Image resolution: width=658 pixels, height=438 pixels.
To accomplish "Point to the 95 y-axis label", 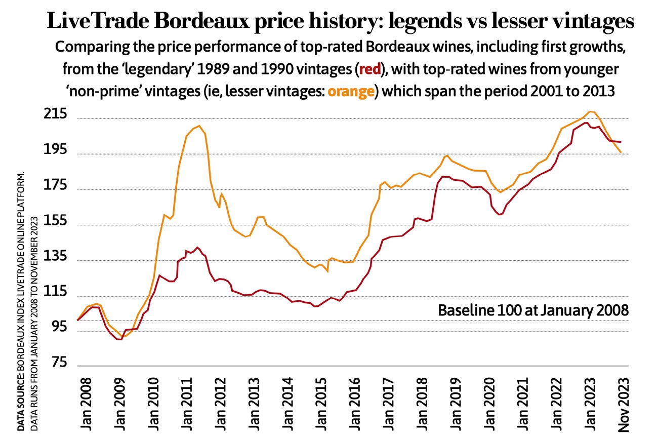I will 56,327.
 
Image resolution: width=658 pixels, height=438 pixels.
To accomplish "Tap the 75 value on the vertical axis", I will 56,362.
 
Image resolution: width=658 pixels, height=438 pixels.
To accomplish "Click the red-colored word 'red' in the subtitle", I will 373,69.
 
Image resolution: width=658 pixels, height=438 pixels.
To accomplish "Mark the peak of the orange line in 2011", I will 199,126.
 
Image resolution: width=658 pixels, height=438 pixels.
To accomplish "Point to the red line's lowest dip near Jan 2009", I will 119,339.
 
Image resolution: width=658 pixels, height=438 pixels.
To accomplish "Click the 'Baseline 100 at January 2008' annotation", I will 532,309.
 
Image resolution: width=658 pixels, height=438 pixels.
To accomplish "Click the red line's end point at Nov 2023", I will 621,142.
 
